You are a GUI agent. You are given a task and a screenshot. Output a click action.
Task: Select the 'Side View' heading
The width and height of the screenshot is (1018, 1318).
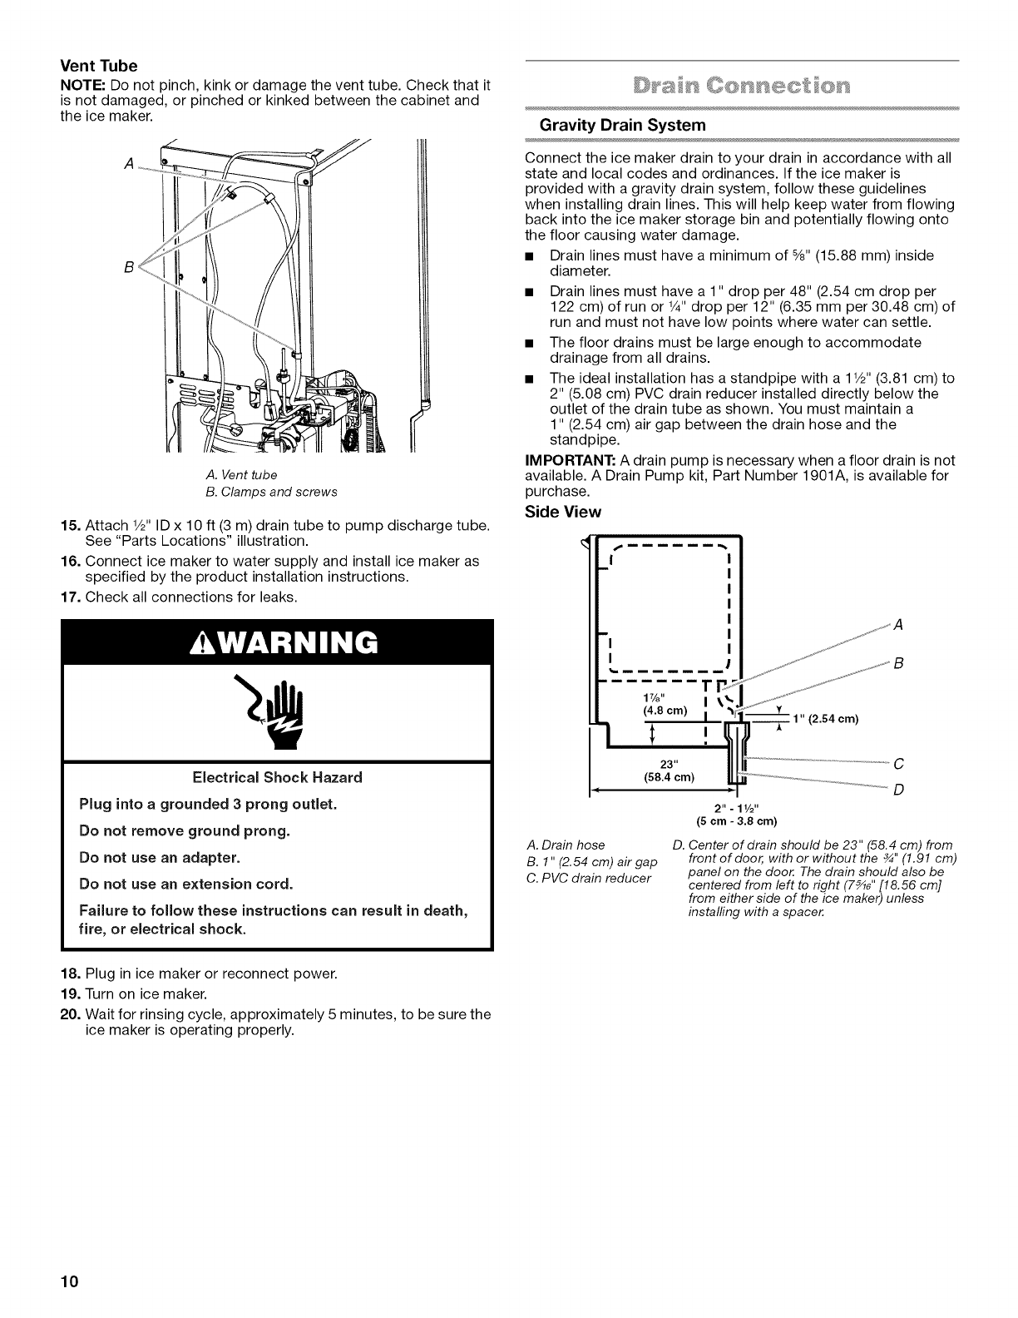(563, 512)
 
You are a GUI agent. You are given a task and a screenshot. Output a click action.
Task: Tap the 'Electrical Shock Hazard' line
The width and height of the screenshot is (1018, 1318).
(277, 778)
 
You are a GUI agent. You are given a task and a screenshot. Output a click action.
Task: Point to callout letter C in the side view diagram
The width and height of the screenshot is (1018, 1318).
(897, 763)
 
